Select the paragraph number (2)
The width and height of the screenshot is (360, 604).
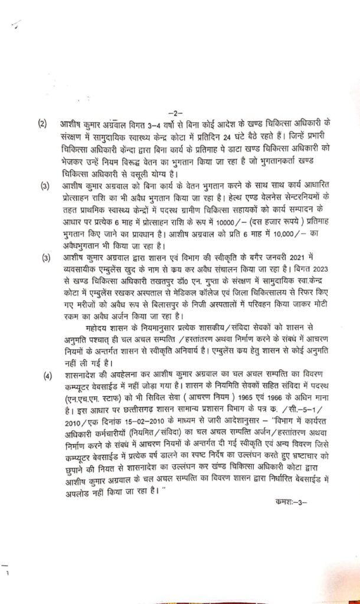pos(42,124)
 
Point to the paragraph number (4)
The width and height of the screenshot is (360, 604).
pos(42,375)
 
